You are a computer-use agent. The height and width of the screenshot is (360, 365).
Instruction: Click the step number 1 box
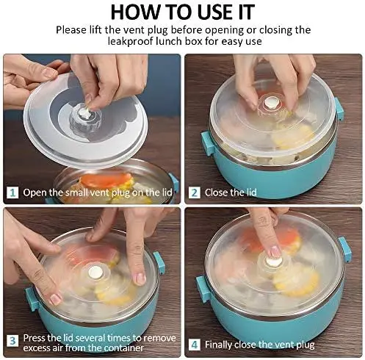(x=12, y=192)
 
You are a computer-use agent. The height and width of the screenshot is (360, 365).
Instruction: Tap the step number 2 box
(x=195, y=192)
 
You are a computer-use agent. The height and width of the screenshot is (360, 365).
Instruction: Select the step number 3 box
(x=12, y=341)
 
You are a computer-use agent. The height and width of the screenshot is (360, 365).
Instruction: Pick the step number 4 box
(x=195, y=345)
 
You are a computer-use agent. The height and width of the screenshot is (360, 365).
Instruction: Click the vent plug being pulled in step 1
(x=83, y=113)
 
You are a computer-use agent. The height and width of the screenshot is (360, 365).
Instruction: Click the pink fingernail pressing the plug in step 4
(x=275, y=252)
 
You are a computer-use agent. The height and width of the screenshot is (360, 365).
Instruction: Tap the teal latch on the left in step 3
(x=32, y=299)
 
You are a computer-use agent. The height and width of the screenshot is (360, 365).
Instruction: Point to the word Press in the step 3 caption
(x=35, y=338)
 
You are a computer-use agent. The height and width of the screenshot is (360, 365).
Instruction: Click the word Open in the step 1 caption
(x=35, y=192)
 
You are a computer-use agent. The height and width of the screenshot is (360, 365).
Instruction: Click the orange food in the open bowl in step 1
(x=106, y=179)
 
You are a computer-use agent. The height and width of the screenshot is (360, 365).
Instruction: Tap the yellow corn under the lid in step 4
(x=295, y=281)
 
